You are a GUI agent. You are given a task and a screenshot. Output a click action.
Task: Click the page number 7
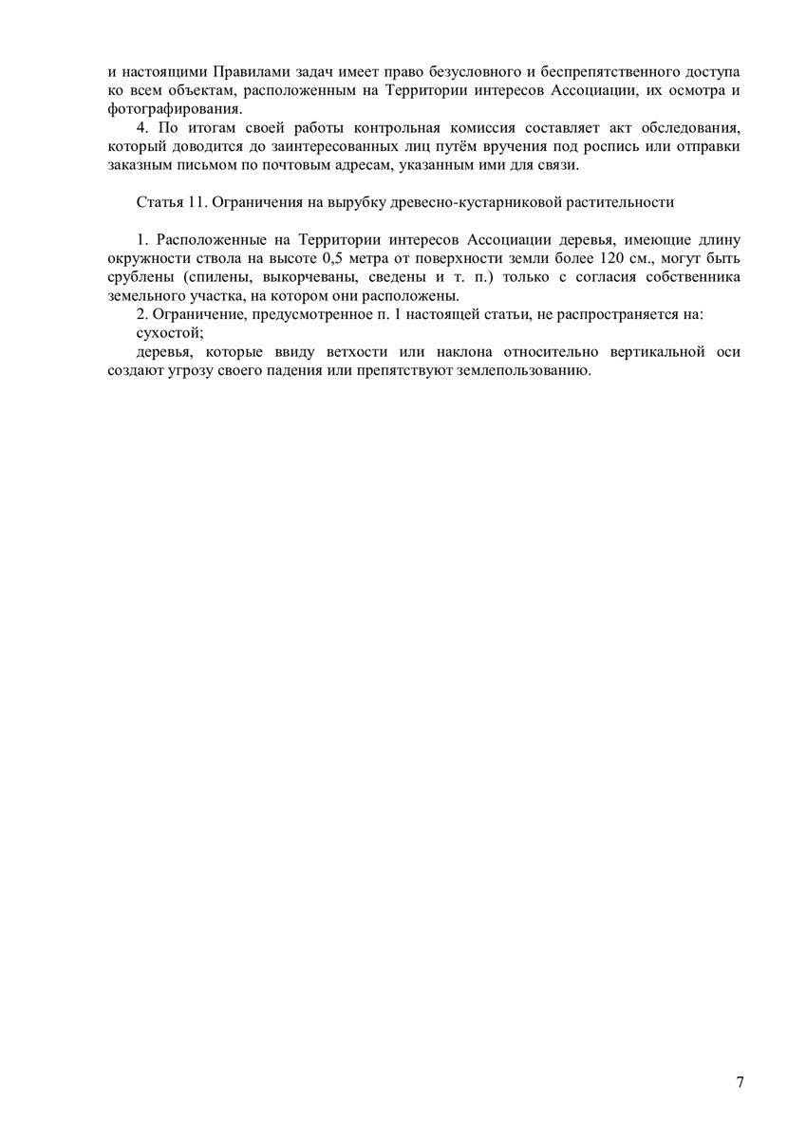(x=740, y=1083)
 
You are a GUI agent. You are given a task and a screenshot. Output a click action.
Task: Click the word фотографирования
(x=152, y=109)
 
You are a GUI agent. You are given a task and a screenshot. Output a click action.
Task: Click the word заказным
(x=139, y=164)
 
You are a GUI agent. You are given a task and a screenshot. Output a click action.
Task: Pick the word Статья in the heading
(x=159, y=201)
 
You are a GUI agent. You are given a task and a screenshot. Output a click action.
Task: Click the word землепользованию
(x=527, y=369)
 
